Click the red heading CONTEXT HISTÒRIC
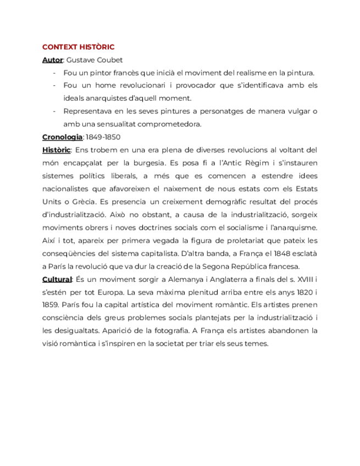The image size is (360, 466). click(78, 47)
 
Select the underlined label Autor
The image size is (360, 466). click(52, 60)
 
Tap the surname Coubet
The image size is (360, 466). click(109, 60)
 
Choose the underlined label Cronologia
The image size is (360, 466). click(62, 137)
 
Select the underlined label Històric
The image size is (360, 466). click(56, 150)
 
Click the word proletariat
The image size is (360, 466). click(229, 241)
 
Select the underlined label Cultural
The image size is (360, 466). click(57, 279)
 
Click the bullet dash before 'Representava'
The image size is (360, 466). click(54, 112)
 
